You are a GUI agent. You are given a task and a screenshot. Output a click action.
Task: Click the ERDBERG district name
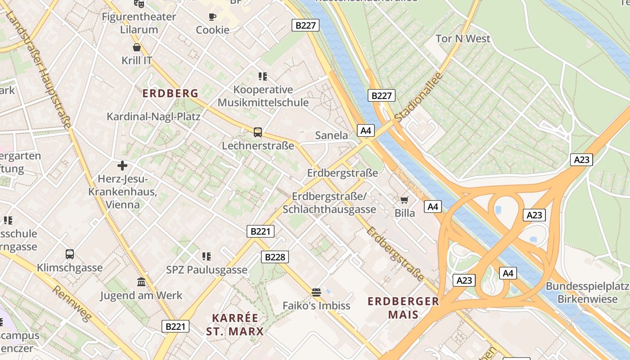click(170, 94)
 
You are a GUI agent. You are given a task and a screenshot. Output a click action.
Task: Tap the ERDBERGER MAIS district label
click(403, 308)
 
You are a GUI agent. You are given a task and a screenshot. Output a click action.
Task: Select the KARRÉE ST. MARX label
click(235, 324)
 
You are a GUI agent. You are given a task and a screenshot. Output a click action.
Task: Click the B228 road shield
click(274, 257)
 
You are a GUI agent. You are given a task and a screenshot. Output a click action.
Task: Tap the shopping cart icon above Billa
click(405, 200)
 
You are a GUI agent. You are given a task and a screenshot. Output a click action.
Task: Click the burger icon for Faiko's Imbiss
click(316, 292)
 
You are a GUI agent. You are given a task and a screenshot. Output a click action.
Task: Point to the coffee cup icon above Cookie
click(212, 17)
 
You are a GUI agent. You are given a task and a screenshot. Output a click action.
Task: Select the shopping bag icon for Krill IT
click(137, 47)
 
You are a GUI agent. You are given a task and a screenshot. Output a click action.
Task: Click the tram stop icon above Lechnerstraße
click(257, 132)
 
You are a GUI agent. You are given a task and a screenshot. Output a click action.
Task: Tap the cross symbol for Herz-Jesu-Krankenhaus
click(122, 166)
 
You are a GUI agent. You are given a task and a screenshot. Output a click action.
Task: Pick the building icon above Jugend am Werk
click(141, 282)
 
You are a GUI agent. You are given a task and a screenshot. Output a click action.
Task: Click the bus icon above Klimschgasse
click(70, 254)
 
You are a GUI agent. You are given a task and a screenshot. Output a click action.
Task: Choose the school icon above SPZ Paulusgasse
click(207, 256)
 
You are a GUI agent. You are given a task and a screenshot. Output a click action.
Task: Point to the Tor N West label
click(463, 39)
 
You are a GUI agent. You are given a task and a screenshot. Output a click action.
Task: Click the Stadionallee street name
click(418, 97)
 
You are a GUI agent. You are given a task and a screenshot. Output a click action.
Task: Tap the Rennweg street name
click(72, 303)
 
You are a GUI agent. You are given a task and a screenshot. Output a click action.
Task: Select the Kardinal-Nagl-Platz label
click(153, 117)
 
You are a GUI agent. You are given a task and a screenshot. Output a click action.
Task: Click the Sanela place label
click(331, 135)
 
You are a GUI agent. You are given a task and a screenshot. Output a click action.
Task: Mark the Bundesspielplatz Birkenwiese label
click(587, 292)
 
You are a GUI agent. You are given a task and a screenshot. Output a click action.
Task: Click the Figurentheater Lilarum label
click(139, 23)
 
